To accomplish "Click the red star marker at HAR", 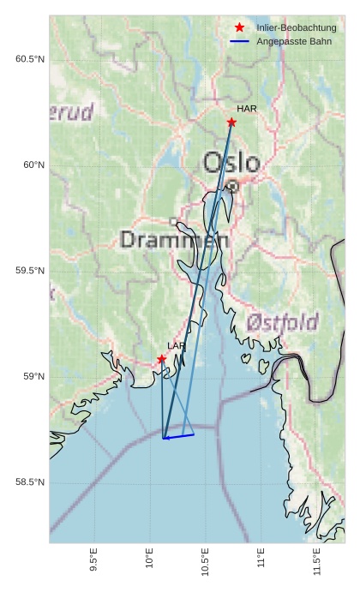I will (231, 123).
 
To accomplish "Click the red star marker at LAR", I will (161, 359).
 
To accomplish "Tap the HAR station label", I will (247, 109).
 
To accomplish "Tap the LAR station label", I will (177, 346).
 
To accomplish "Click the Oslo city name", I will (231, 162).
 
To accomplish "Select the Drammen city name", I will (174, 240).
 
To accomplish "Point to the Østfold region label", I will (283, 322).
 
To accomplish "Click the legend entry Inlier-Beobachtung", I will (296, 28).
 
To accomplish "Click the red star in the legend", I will (239, 28).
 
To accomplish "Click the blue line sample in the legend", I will (239, 41).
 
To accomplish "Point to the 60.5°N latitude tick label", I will (30, 59).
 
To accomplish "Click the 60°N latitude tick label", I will (33, 164).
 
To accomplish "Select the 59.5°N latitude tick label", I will (30, 271).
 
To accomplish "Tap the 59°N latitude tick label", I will (33, 377).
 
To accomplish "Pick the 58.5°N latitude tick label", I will (30, 482).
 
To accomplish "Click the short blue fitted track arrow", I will (178, 436).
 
